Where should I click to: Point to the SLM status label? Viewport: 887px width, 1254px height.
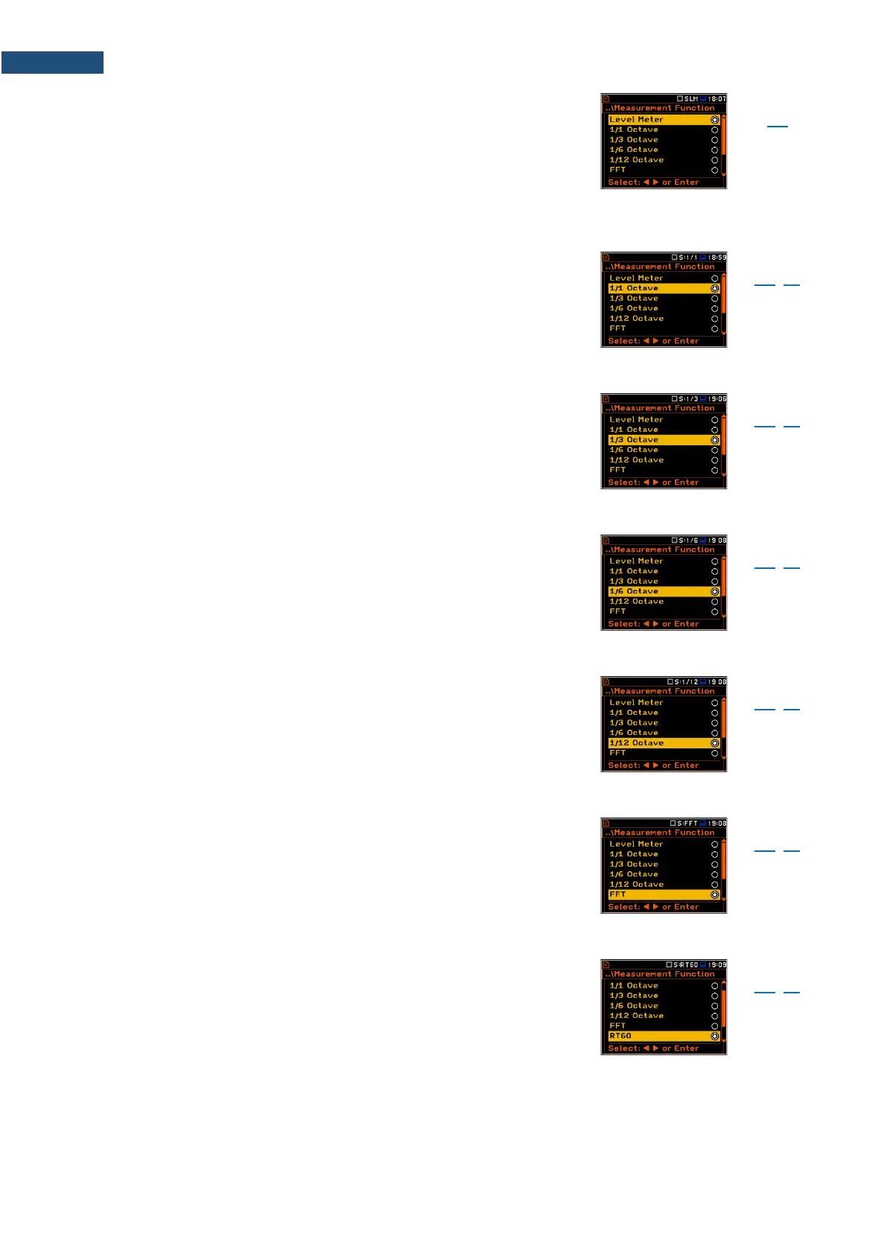[x=691, y=98]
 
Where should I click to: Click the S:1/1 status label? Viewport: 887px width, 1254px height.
[x=688, y=258]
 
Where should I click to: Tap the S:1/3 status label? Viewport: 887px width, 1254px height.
[x=688, y=399]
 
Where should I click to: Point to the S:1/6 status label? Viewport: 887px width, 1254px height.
[x=688, y=541]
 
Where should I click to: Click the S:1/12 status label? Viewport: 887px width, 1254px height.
[x=686, y=682]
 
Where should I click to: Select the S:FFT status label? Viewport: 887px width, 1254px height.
[x=687, y=824]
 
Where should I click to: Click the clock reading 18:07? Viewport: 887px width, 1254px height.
[x=717, y=98]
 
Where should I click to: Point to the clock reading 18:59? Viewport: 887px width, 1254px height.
[x=717, y=258]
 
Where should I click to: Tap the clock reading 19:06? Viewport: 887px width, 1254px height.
[x=717, y=399]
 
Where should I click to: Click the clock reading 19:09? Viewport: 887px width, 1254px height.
[x=717, y=965]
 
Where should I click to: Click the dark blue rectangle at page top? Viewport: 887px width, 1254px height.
[x=52, y=63]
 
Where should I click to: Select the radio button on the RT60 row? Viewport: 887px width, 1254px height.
[x=714, y=1036]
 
